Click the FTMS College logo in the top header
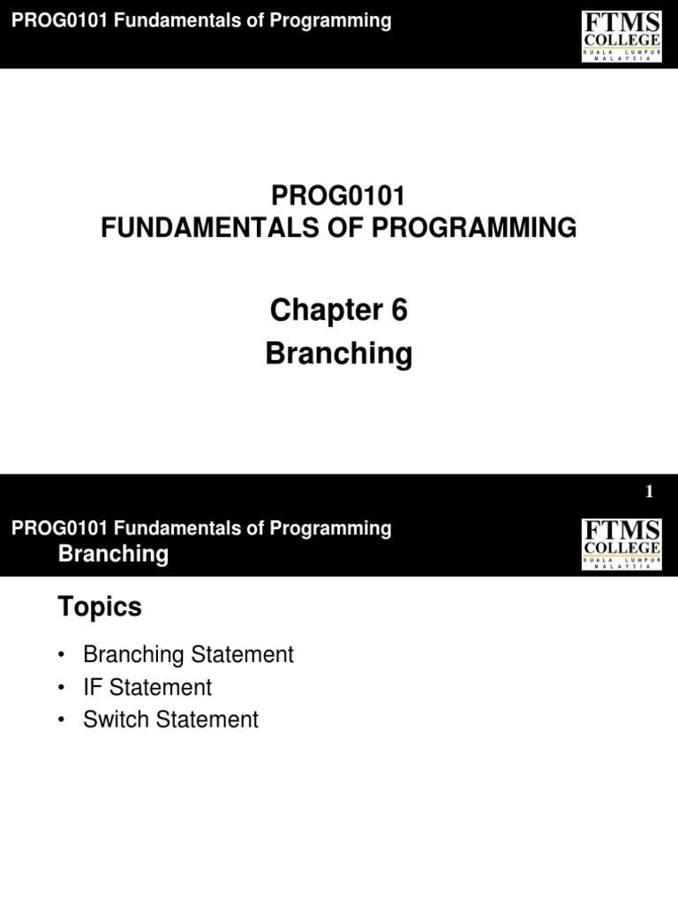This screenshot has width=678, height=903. [621, 35]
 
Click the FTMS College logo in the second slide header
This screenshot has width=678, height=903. [621, 543]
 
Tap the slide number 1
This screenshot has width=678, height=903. [649, 493]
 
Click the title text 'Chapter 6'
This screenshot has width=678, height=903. [338, 310]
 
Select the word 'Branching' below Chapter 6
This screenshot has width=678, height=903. [338, 354]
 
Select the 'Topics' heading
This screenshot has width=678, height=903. [99, 607]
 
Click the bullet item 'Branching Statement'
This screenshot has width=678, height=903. [187, 655]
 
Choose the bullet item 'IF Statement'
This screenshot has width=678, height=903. [147, 687]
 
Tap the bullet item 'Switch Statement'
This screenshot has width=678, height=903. [170, 720]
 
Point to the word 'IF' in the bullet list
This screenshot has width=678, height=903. [92, 687]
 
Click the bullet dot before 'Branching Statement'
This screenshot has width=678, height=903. [61, 656]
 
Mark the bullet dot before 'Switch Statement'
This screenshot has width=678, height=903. [61, 720]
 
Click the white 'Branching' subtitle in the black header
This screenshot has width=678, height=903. [112, 554]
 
